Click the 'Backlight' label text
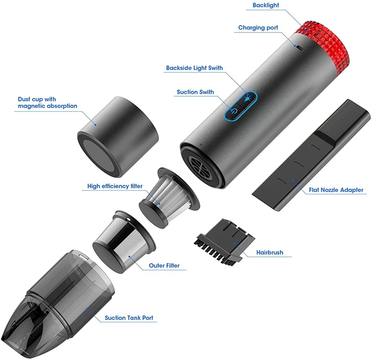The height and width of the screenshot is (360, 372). [266, 5]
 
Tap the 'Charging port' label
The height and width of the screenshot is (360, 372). [258, 28]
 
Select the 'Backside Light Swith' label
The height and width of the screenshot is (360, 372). [194, 68]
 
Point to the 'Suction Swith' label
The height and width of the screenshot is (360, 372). [195, 92]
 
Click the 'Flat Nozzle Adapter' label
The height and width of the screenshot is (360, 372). [336, 190]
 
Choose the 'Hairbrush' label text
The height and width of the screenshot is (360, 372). [270, 252]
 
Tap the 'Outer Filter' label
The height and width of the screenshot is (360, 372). [164, 266]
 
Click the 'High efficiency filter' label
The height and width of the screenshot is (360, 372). [115, 186]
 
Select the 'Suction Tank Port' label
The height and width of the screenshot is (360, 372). [129, 318]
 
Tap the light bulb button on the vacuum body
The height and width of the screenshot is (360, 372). [247, 98]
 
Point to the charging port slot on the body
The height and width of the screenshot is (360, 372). [301, 48]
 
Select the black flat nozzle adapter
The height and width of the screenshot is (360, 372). [311, 155]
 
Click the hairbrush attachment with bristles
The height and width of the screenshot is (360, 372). [224, 241]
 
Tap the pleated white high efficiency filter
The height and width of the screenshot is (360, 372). [169, 198]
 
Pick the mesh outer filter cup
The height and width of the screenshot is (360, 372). [124, 241]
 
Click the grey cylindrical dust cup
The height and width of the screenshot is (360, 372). [118, 137]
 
